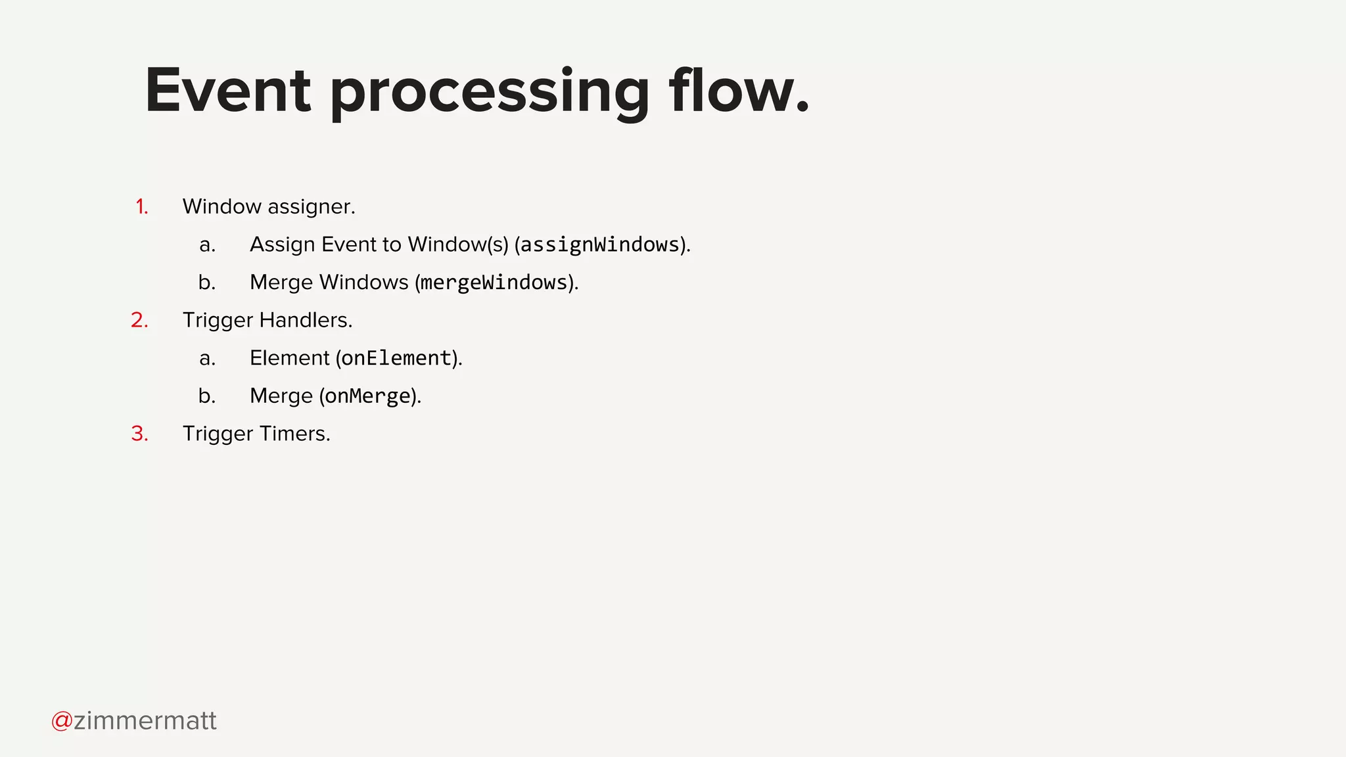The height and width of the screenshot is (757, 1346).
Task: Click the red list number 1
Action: click(x=141, y=207)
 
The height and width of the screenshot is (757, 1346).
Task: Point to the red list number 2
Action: click(x=139, y=320)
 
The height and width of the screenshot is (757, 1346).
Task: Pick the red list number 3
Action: click(x=139, y=434)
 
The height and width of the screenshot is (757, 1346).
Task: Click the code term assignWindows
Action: click(x=600, y=245)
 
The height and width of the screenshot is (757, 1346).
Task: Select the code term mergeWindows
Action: click(x=494, y=283)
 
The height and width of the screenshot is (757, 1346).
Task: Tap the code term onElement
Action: click(x=396, y=358)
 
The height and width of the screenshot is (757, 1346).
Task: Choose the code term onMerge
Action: click(x=367, y=396)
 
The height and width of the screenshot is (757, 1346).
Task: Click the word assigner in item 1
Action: click(x=311, y=208)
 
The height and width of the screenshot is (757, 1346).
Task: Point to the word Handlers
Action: click(x=305, y=320)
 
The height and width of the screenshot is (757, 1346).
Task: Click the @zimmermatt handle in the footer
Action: click(x=134, y=721)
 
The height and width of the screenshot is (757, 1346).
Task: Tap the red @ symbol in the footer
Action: click(x=62, y=721)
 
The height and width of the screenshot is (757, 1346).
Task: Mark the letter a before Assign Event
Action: click(x=207, y=245)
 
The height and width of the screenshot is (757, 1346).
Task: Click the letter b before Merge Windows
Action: click(x=207, y=283)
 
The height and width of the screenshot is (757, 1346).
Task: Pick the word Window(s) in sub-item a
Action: click(x=458, y=244)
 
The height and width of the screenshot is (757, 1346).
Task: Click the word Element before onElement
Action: click(x=289, y=358)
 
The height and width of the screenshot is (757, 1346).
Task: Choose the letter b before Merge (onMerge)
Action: click(x=207, y=396)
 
